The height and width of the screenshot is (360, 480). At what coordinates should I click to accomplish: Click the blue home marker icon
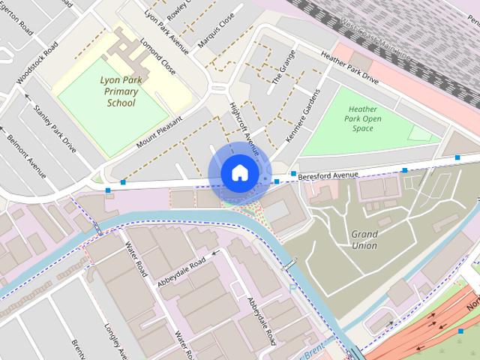click(238, 172)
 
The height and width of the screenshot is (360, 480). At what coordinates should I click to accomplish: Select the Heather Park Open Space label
click(362, 118)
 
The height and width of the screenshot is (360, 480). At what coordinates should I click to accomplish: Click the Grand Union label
click(364, 239)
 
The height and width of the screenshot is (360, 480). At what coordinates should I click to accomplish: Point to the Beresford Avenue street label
click(328, 175)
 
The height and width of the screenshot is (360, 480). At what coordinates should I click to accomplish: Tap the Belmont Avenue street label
click(26, 160)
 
